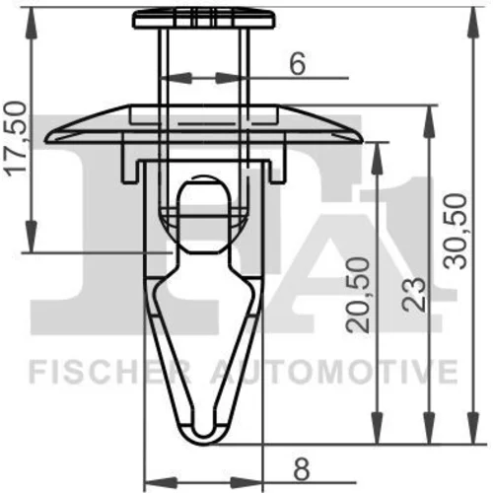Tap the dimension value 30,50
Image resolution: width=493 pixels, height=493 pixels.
456,232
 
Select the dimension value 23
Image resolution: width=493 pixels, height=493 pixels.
414,295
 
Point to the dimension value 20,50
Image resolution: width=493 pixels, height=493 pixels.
358,295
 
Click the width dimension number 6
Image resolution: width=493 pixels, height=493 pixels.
298,63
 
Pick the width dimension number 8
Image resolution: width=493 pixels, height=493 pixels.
301,469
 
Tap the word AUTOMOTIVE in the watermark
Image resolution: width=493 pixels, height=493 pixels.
333,372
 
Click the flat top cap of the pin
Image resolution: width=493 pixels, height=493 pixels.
204,19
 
